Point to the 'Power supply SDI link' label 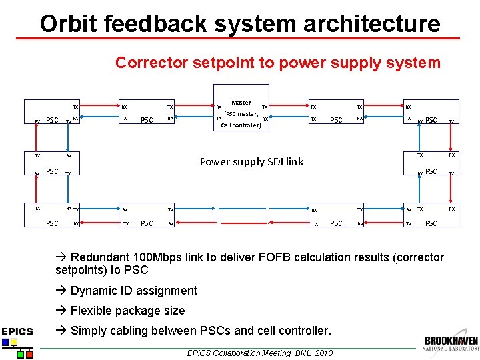(x=251, y=161)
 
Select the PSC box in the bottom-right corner (x=431, y=223)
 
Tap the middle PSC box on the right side (x=431, y=171)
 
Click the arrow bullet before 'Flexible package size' (x=61, y=311)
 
